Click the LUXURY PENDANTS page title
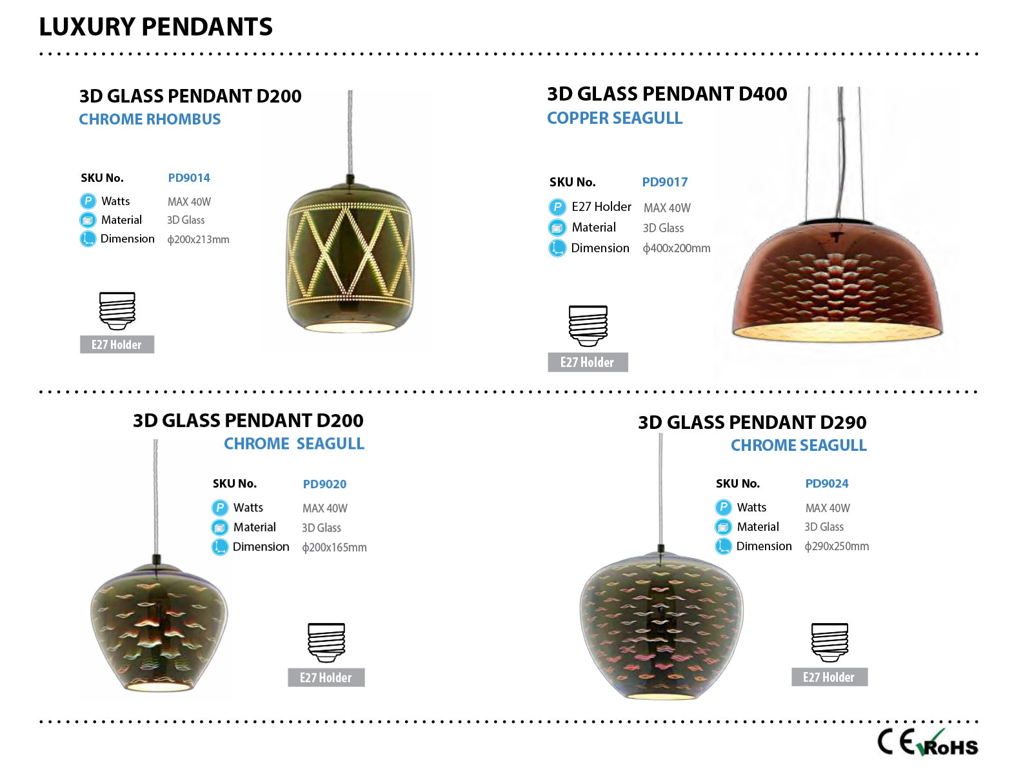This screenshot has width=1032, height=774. tap(155, 27)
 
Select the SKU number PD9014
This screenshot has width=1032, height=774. tap(189, 177)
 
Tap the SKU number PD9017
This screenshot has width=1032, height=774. tap(665, 182)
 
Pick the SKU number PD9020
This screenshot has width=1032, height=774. tap(324, 484)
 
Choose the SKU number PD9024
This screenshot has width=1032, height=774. tap(827, 484)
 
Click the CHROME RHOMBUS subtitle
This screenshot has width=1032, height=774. tap(150, 119)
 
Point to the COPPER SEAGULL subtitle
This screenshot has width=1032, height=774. tap(615, 118)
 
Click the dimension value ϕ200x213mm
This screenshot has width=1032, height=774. tap(199, 240)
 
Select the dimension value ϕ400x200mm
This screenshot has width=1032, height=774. tap(677, 248)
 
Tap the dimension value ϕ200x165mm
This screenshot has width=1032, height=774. tap(334, 548)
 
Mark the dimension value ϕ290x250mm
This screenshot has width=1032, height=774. tap(837, 546)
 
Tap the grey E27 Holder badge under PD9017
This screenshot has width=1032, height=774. tap(588, 362)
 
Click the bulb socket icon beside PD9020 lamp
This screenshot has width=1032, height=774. tap(326, 642)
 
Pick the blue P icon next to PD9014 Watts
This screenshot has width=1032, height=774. tap(88, 201)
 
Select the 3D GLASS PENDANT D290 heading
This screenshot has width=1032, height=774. tap(752, 422)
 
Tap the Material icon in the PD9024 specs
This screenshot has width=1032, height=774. tap(724, 527)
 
